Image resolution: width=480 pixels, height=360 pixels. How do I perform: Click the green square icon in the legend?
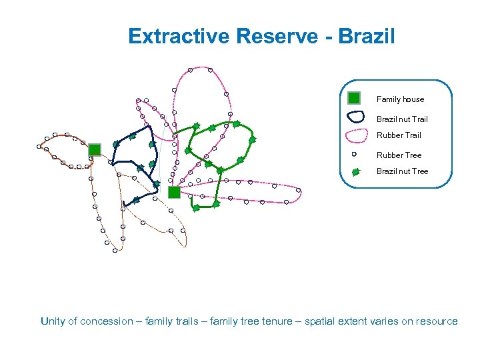click(x=354, y=98)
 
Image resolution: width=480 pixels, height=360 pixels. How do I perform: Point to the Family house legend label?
click(x=400, y=99)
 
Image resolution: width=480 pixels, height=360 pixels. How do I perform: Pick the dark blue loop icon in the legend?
click(x=357, y=117)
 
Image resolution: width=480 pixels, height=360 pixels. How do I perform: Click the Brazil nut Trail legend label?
click(x=402, y=119)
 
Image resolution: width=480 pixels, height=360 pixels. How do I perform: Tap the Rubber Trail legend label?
click(x=399, y=135)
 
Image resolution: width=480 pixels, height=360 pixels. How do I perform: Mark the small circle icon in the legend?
click(x=355, y=154)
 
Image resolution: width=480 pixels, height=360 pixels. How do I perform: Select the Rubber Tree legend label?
click(x=399, y=155)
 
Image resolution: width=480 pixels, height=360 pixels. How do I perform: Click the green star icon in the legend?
click(x=355, y=171)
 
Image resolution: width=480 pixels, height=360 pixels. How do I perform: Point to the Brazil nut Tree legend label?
click(x=402, y=171)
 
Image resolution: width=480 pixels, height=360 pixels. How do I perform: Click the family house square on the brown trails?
click(x=95, y=149)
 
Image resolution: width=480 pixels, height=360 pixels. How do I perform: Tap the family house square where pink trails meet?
click(x=174, y=192)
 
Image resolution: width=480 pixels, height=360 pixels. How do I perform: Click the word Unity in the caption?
click(x=53, y=321)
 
